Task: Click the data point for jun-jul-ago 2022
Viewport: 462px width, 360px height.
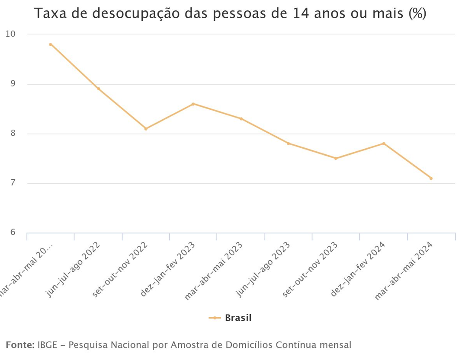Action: click(x=98, y=89)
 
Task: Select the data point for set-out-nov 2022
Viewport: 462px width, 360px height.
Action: click(x=146, y=129)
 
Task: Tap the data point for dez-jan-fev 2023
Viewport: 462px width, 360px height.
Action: click(x=193, y=104)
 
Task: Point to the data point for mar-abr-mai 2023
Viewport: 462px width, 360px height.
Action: click(x=241, y=119)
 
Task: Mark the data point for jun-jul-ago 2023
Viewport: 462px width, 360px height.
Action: click(x=289, y=143)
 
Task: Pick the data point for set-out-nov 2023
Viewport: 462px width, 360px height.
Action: click(x=336, y=158)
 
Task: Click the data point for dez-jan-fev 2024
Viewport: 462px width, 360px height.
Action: click(x=384, y=143)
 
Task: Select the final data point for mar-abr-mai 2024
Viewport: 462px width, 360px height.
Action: click(x=431, y=178)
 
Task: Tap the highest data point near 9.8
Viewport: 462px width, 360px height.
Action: click(x=51, y=45)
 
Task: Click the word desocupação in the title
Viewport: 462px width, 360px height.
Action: click(x=130, y=14)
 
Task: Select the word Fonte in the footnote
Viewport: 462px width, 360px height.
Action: click(x=19, y=345)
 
